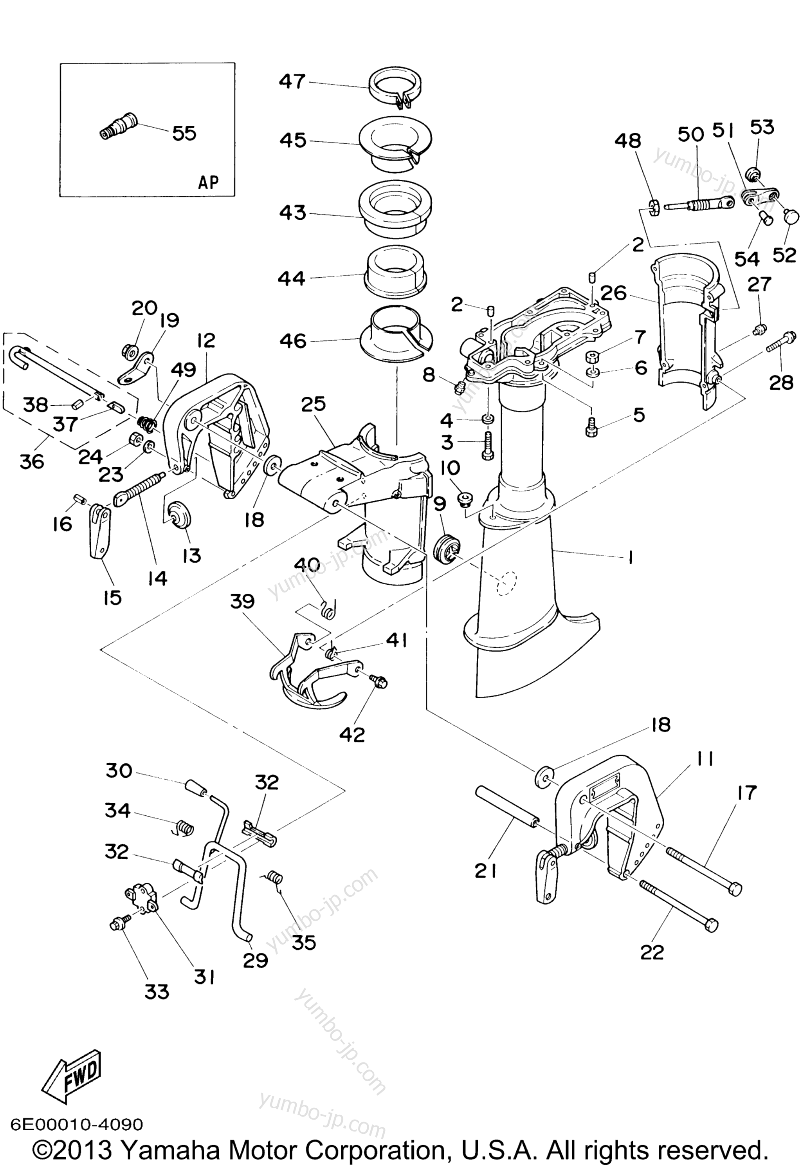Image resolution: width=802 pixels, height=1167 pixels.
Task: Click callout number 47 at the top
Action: [x=292, y=81]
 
